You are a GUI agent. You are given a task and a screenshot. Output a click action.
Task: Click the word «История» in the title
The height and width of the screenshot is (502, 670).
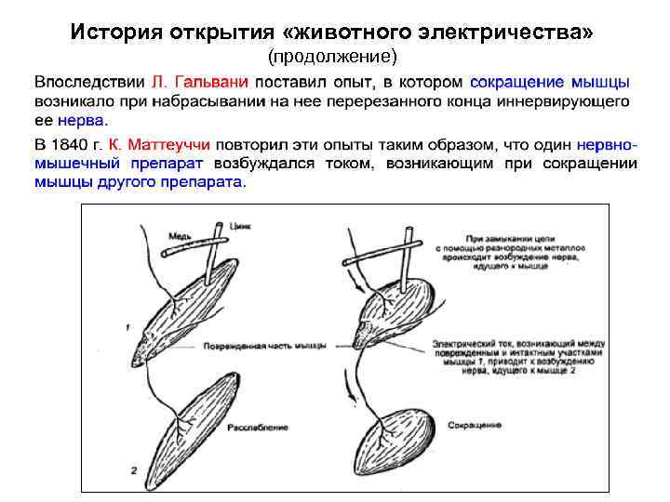point(116,33)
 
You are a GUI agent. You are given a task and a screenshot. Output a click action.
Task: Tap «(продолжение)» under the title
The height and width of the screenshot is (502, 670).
point(332,58)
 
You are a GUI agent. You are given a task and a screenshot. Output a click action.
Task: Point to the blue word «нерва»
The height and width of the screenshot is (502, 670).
point(82,121)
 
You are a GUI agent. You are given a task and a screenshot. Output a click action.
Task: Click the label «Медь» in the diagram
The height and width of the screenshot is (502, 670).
point(180,236)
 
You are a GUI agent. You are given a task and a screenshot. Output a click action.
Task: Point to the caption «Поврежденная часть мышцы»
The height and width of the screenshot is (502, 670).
point(263,346)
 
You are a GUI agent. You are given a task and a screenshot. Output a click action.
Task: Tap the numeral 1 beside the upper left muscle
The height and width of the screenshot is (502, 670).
point(126,327)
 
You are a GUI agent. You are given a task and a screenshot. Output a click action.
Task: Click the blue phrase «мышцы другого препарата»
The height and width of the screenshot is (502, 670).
point(139,182)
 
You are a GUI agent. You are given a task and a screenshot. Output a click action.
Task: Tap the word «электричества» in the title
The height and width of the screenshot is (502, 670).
point(521,33)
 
